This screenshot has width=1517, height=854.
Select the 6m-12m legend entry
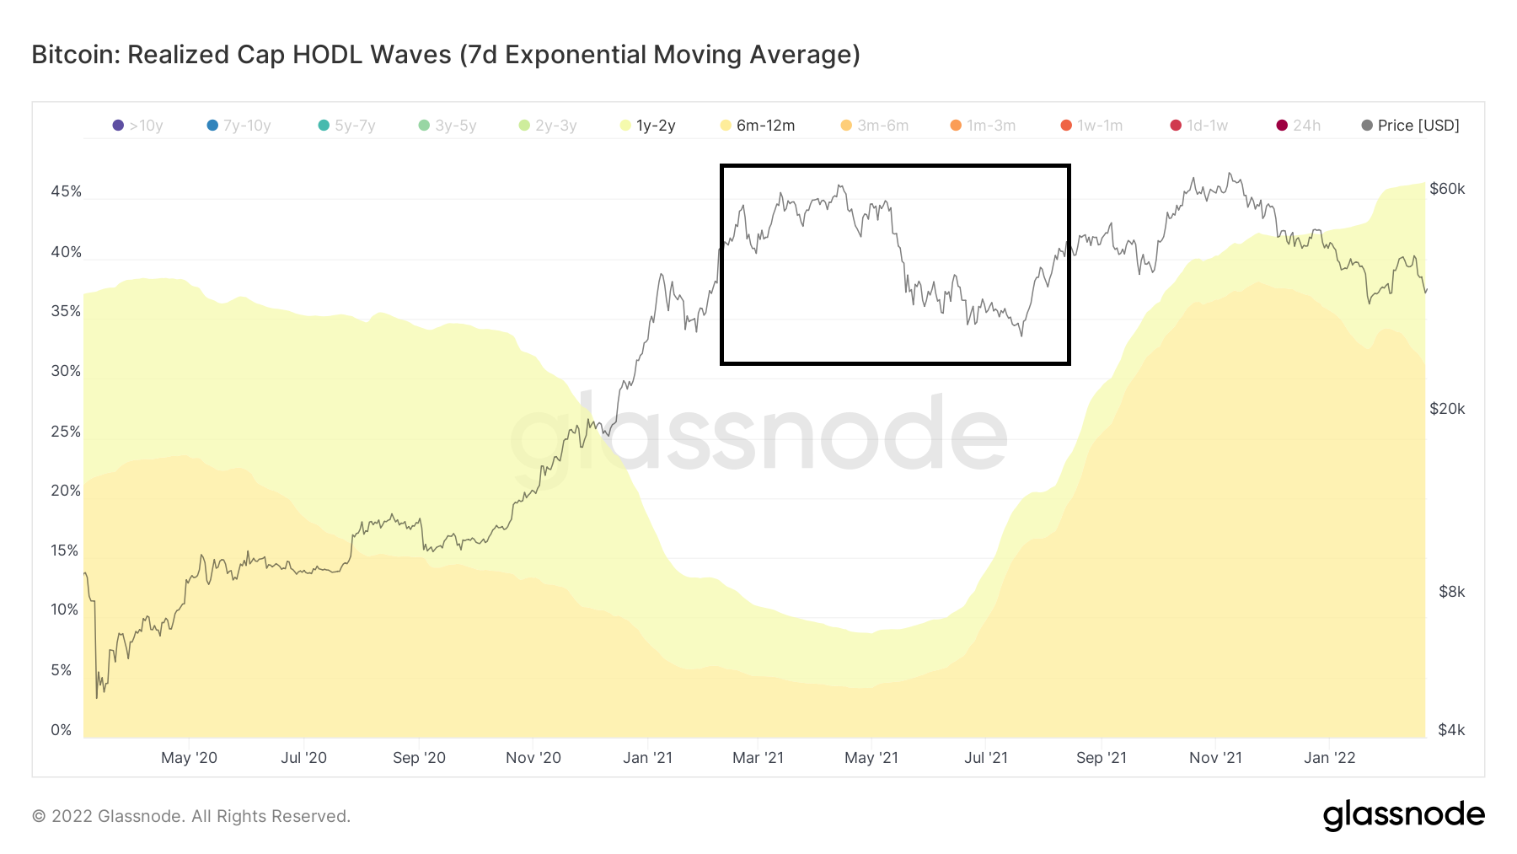[758, 126]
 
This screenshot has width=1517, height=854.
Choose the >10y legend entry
[137, 126]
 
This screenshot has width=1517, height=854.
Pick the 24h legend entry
[1298, 126]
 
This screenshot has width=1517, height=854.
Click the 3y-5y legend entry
[448, 126]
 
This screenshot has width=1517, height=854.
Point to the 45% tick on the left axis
[66, 191]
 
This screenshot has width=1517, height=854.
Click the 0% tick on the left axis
[62, 730]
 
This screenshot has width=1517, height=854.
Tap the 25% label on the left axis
[66, 432]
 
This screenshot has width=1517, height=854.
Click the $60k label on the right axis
[1447, 189]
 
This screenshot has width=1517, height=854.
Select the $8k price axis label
[1451, 592]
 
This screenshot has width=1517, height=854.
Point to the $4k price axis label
[1451, 730]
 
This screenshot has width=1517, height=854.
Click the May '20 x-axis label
[189, 758]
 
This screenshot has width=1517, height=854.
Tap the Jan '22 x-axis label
[1329, 758]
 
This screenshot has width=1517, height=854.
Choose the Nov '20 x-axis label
[533, 758]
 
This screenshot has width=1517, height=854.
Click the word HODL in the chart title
[330, 55]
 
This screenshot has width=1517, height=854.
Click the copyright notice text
[190, 816]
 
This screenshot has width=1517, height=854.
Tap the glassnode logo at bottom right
[1403, 815]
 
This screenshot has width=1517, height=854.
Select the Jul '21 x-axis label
[985, 758]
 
